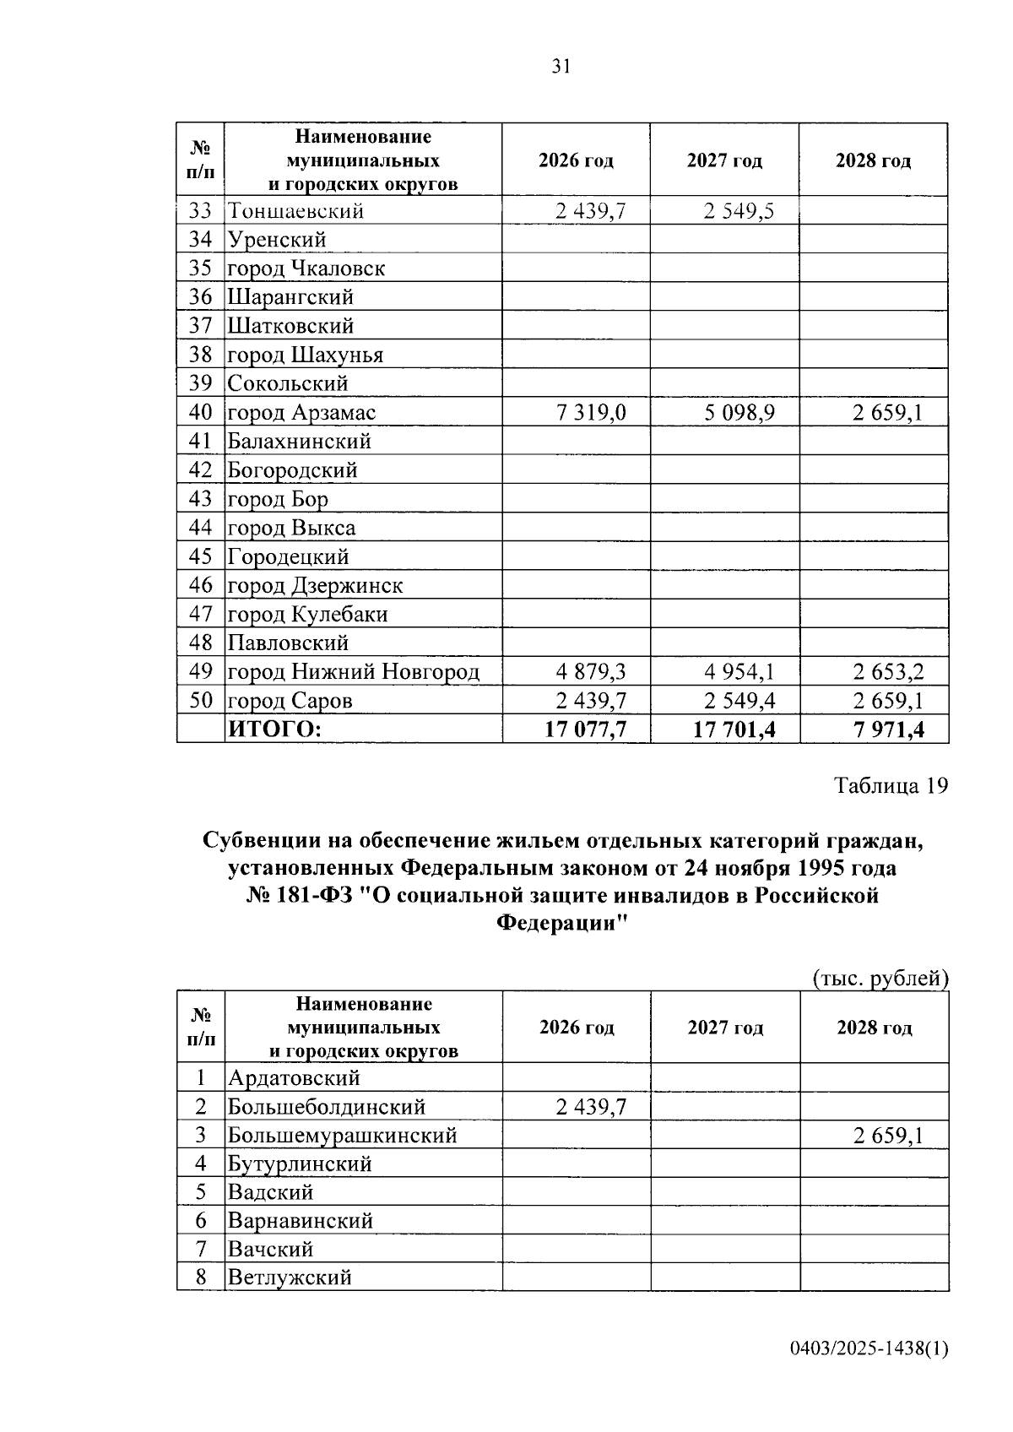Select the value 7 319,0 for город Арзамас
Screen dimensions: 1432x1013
click(591, 413)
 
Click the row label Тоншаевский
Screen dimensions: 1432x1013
click(295, 211)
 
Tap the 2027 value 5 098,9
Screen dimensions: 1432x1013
click(739, 413)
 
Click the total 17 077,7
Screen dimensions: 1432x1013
click(586, 729)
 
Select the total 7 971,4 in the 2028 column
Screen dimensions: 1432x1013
click(888, 729)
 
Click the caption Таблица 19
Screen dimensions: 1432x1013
click(891, 785)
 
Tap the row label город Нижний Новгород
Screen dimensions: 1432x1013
click(354, 672)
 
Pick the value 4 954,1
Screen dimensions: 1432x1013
click(739, 672)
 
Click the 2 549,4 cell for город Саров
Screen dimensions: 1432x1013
click(739, 701)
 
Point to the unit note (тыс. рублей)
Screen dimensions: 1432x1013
click(880, 979)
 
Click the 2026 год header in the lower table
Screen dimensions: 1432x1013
click(577, 1028)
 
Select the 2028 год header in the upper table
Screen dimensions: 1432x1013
click(873, 160)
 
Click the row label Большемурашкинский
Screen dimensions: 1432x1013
click(343, 1136)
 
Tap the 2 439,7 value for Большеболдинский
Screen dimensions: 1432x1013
click(591, 1107)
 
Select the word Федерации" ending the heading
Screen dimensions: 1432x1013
click(562, 923)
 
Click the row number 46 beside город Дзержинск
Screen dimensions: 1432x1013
click(200, 585)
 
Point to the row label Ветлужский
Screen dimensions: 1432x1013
click(290, 1277)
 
